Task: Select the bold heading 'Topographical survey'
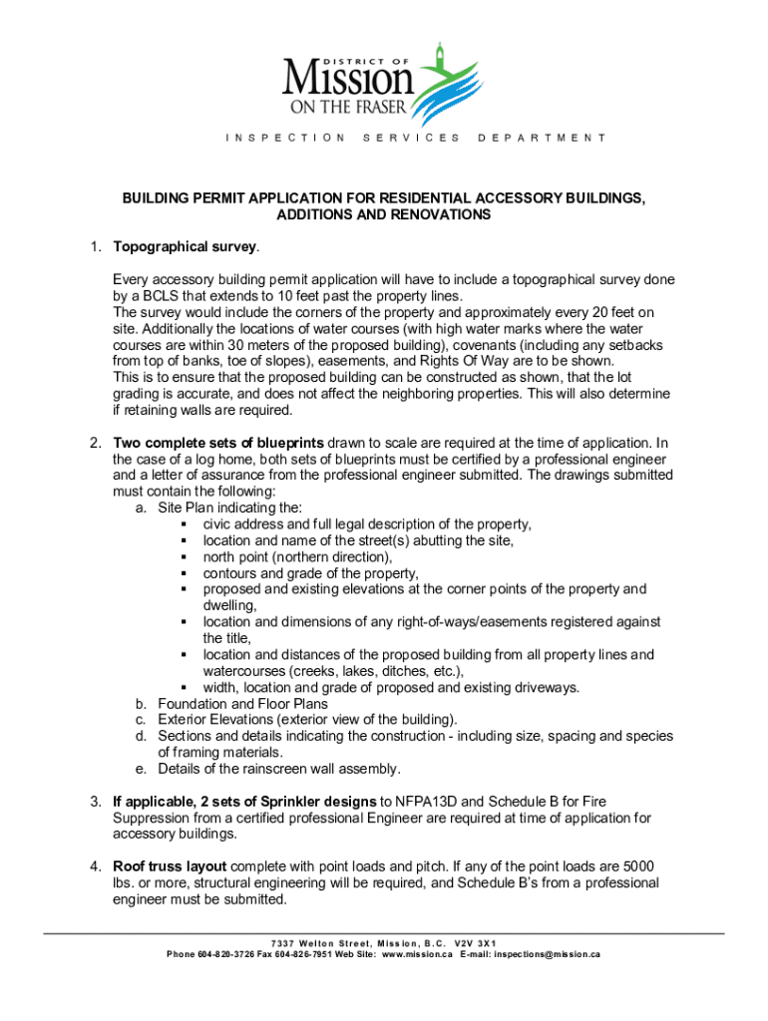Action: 186,246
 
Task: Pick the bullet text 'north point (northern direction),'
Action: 297,557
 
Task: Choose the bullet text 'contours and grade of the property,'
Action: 310,573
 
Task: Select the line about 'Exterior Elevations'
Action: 307,720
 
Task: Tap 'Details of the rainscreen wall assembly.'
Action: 279,769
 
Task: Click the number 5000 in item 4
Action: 636,866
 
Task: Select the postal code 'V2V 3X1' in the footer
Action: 475,943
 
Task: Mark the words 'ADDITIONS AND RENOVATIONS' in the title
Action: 383,214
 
